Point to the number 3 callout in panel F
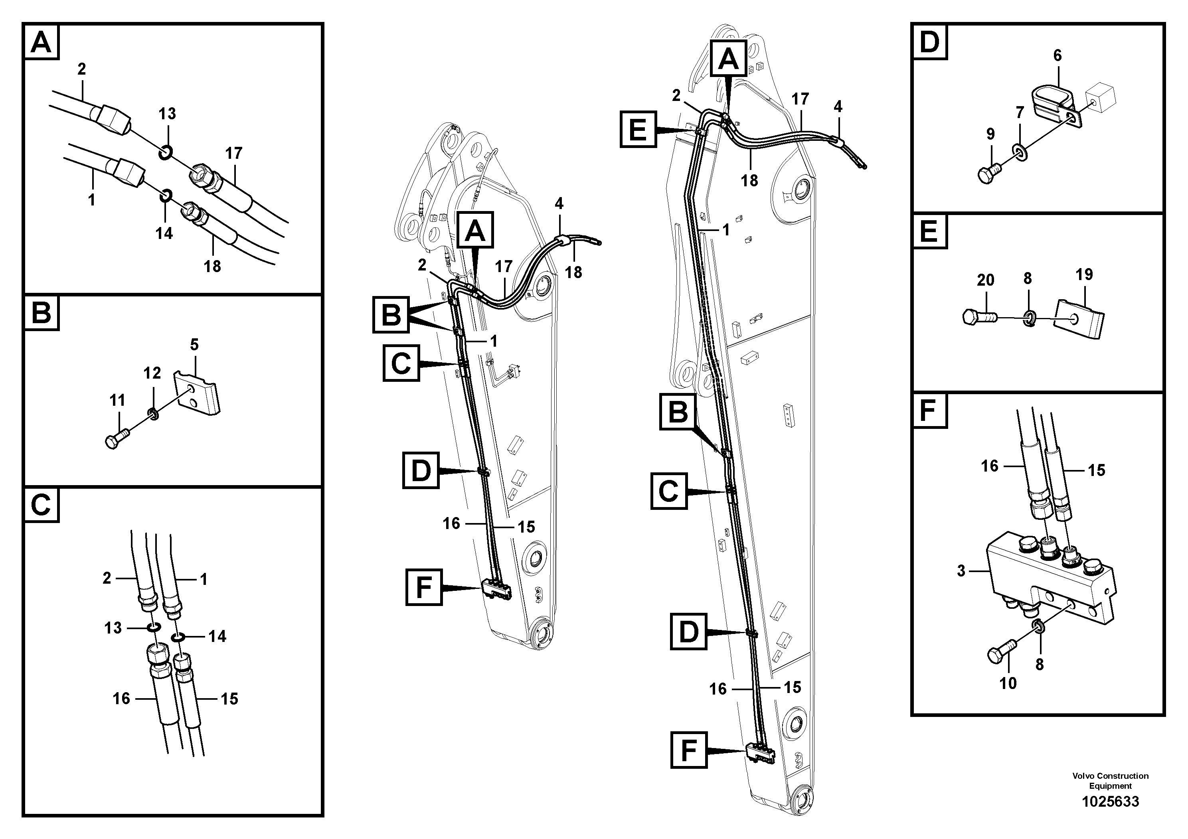tap(961, 571)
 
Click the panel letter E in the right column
tap(929, 231)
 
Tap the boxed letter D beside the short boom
tap(421, 470)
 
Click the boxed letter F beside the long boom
tap(688, 750)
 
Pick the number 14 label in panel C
tap(217, 636)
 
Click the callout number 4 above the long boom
tap(838, 107)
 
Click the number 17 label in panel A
tap(233, 154)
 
